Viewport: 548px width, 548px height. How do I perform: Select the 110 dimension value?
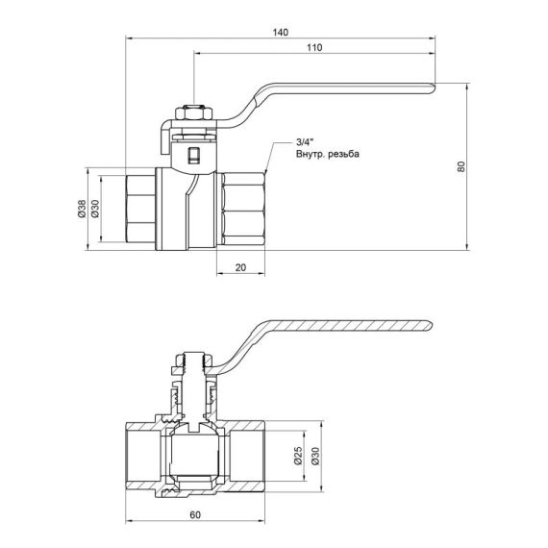(x=312, y=48)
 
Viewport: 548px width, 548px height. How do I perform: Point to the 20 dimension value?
(x=239, y=267)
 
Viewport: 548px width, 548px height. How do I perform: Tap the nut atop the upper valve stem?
(x=192, y=112)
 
